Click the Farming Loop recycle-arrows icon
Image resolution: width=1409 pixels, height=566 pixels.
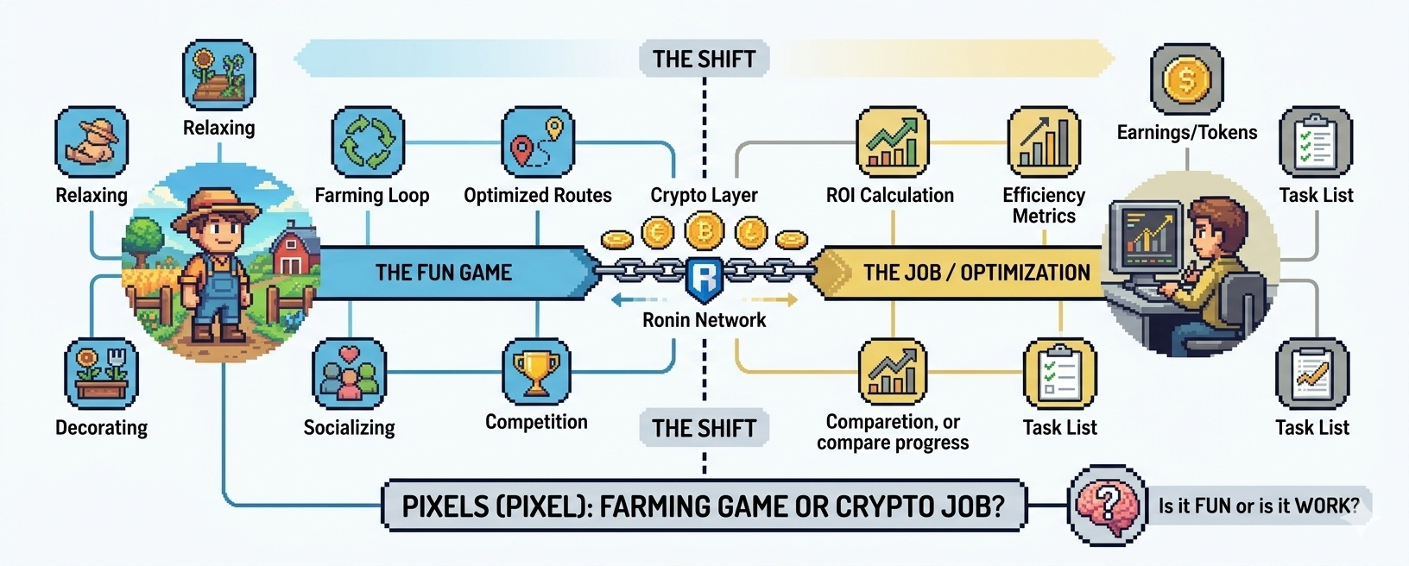(x=369, y=142)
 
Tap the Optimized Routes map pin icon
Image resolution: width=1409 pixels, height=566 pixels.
(x=537, y=142)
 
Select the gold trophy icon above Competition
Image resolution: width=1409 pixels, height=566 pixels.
(x=536, y=372)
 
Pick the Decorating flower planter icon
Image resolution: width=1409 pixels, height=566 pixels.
(x=101, y=374)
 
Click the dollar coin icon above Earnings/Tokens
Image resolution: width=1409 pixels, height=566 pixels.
(x=1187, y=80)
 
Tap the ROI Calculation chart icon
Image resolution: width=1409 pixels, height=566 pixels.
(x=892, y=142)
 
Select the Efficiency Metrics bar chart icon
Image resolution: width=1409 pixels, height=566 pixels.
(x=1044, y=142)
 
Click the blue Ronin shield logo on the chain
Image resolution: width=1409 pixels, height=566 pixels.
(x=704, y=278)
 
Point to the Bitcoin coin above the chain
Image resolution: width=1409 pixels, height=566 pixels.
(x=704, y=231)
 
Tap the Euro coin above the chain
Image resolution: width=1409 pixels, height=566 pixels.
(x=658, y=233)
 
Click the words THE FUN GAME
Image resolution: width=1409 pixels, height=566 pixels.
(x=443, y=273)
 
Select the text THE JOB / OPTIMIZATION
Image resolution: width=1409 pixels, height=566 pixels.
(x=976, y=273)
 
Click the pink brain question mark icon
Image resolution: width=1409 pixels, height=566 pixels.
(x=1106, y=504)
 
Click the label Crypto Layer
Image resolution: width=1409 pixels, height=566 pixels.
(x=704, y=195)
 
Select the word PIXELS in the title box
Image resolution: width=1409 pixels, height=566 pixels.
(x=445, y=506)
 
